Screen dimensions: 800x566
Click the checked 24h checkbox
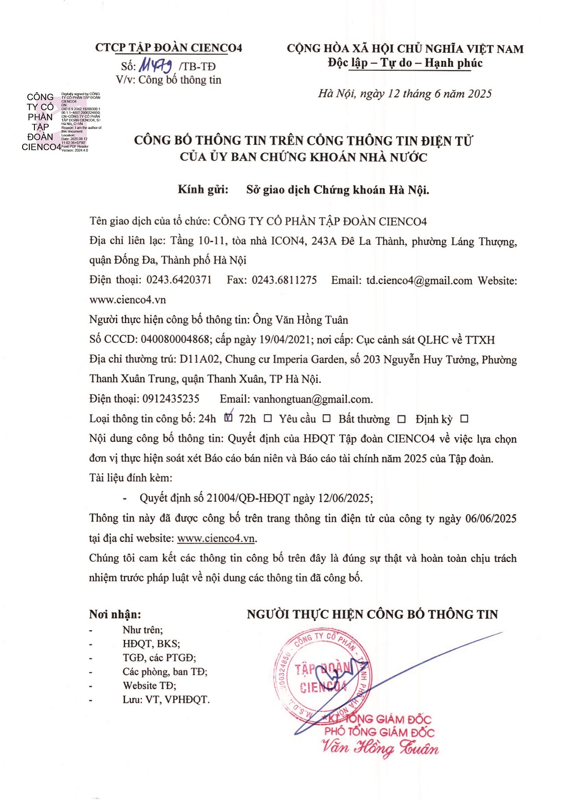pos(228,418)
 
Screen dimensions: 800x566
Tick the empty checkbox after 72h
pos(268,419)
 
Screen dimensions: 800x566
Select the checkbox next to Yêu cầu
pos(327,419)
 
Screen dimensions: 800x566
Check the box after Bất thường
pos(401,419)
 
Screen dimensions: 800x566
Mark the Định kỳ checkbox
pos(464,419)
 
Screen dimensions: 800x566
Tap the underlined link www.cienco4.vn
pos(216,538)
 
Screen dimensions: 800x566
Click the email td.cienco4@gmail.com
pos(419,281)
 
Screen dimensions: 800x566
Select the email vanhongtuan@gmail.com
pos(312,399)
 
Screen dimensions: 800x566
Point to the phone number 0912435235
pos(171,399)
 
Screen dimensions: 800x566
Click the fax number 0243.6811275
pos(284,280)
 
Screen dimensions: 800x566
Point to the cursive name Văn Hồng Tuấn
pos(380,748)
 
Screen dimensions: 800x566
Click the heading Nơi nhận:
pos(115,614)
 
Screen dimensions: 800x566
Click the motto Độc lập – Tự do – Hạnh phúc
pos(405,63)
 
